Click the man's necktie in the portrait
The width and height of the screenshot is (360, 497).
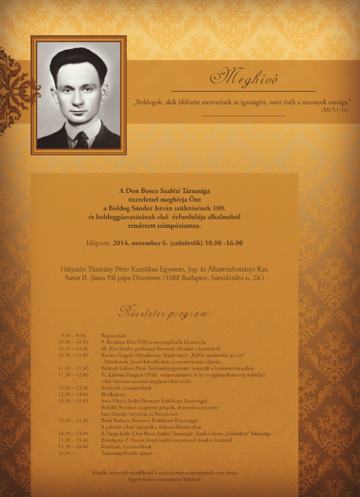tap(80, 139)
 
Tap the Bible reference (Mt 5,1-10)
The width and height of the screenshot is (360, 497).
tap(337, 111)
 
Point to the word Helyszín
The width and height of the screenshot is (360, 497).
tap(74, 269)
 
